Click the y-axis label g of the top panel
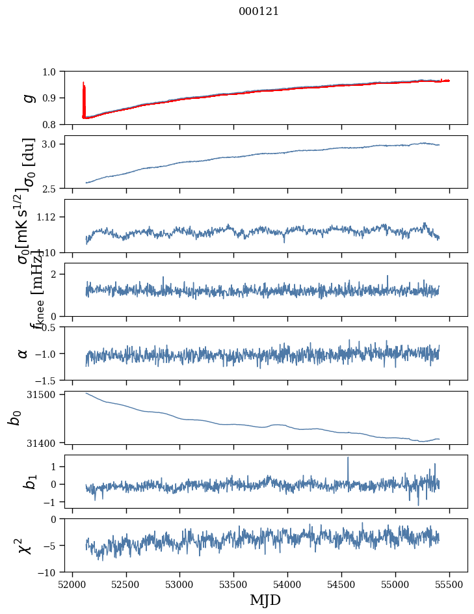pyautogui.click(x=27, y=98)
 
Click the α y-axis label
pyautogui.click(x=23, y=353)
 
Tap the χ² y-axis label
pyautogui.click(x=23, y=545)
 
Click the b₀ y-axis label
pyautogui.click(x=14, y=418)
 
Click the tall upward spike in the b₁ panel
pyautogui.click(x=348, y=459)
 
